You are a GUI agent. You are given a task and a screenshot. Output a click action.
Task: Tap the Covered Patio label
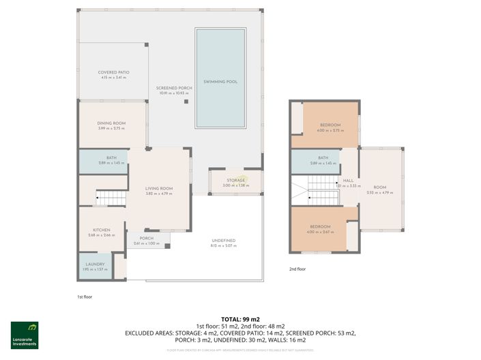click(x=113, y=72)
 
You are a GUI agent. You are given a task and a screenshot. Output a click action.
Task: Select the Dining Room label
click(x=111, y=123)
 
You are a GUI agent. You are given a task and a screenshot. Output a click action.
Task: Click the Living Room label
click(x=159, y=188)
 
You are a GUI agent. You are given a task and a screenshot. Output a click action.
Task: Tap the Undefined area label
click(x=223, y=241)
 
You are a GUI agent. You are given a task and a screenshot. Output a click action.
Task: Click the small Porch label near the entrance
click(x=146, y=239)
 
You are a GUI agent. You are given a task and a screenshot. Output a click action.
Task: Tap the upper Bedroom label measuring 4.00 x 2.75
click(x=330, y=125)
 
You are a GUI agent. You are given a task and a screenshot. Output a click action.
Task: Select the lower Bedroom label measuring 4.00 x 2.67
click(x=320, y=227)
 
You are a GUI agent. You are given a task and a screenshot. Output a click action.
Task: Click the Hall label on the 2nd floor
click(x=348, y=181)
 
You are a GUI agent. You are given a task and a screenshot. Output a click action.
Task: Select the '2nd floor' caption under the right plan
click(x=297, y=269)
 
